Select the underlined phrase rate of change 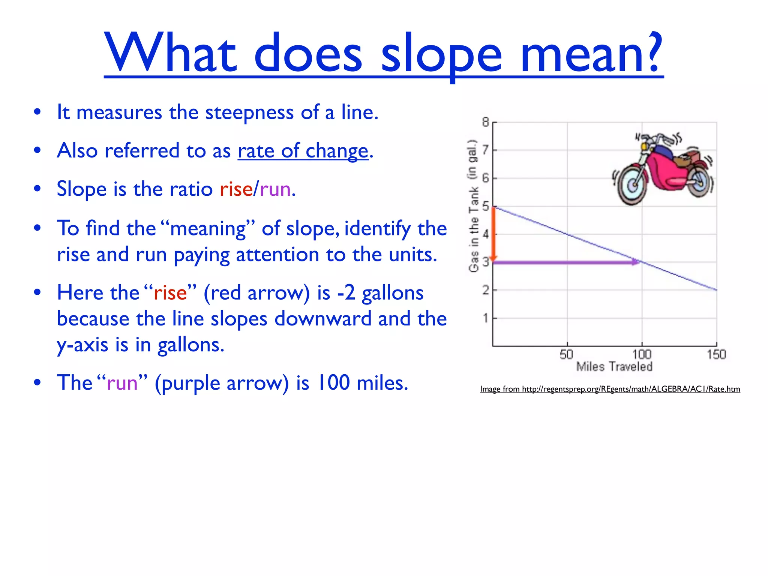tap(303, 151)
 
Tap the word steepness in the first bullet tap(249, 112)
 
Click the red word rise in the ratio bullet tap(236, 189)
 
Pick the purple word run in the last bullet tap(122, 383)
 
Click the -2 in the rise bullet tap(346, 293)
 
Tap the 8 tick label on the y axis tap(486, 122)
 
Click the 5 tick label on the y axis tap(486, 206)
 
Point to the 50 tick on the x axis tap(567, 354)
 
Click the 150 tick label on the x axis tap(716, 354)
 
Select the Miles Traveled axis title tap(614, 366)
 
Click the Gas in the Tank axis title tap(474, 206)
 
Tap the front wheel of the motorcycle tap(633, 184)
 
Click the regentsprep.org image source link tap(610, 389)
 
